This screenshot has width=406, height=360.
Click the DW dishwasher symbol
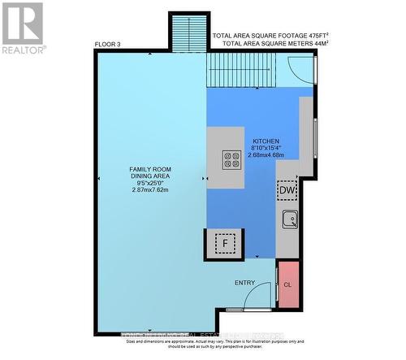pos(287,190)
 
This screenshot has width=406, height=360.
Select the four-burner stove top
pos(231,160)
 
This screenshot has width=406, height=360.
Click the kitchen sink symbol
pos(289,219)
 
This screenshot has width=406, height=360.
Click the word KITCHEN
pos(267,141)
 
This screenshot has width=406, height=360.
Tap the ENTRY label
pos(244,283)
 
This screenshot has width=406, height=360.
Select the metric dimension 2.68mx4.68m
pos(268,156)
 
